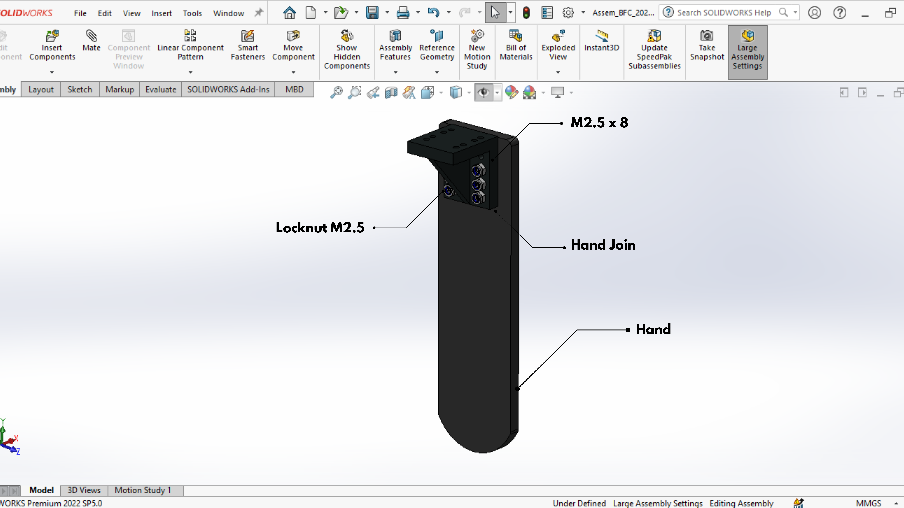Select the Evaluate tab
(x=161, y=89)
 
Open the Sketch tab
(x=80, y=89)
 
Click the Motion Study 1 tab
(x=143, y=490)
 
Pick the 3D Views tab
(x=84, y=490)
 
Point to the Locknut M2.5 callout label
(x=320, y=228)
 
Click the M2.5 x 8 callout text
(x=599, y=123)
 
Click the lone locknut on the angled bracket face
(x=448, y=191)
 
